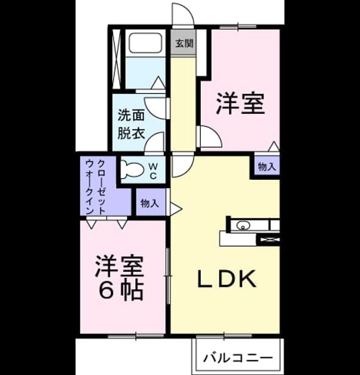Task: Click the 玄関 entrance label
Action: (184, 43)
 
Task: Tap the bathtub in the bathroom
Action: (145, 43)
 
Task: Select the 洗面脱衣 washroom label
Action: (131, 124)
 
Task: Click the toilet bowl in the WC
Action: (131, 169)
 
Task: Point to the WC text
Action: (153, 171)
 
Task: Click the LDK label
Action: (226, 279)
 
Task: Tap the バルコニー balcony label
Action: (238, 358)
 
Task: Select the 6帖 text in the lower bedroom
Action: (121, 290)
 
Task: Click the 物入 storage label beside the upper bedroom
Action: (267, 167)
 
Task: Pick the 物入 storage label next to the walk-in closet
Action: (150, 204)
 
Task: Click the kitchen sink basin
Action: (243, 225)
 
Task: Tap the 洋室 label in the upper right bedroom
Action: (240, 104)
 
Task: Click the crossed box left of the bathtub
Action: (117, 59)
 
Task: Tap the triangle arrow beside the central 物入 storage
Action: (176, 209)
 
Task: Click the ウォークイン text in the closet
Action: (90, 186)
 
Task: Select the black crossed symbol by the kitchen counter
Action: (269, 240)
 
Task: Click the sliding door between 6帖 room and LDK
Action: (168, 276)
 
